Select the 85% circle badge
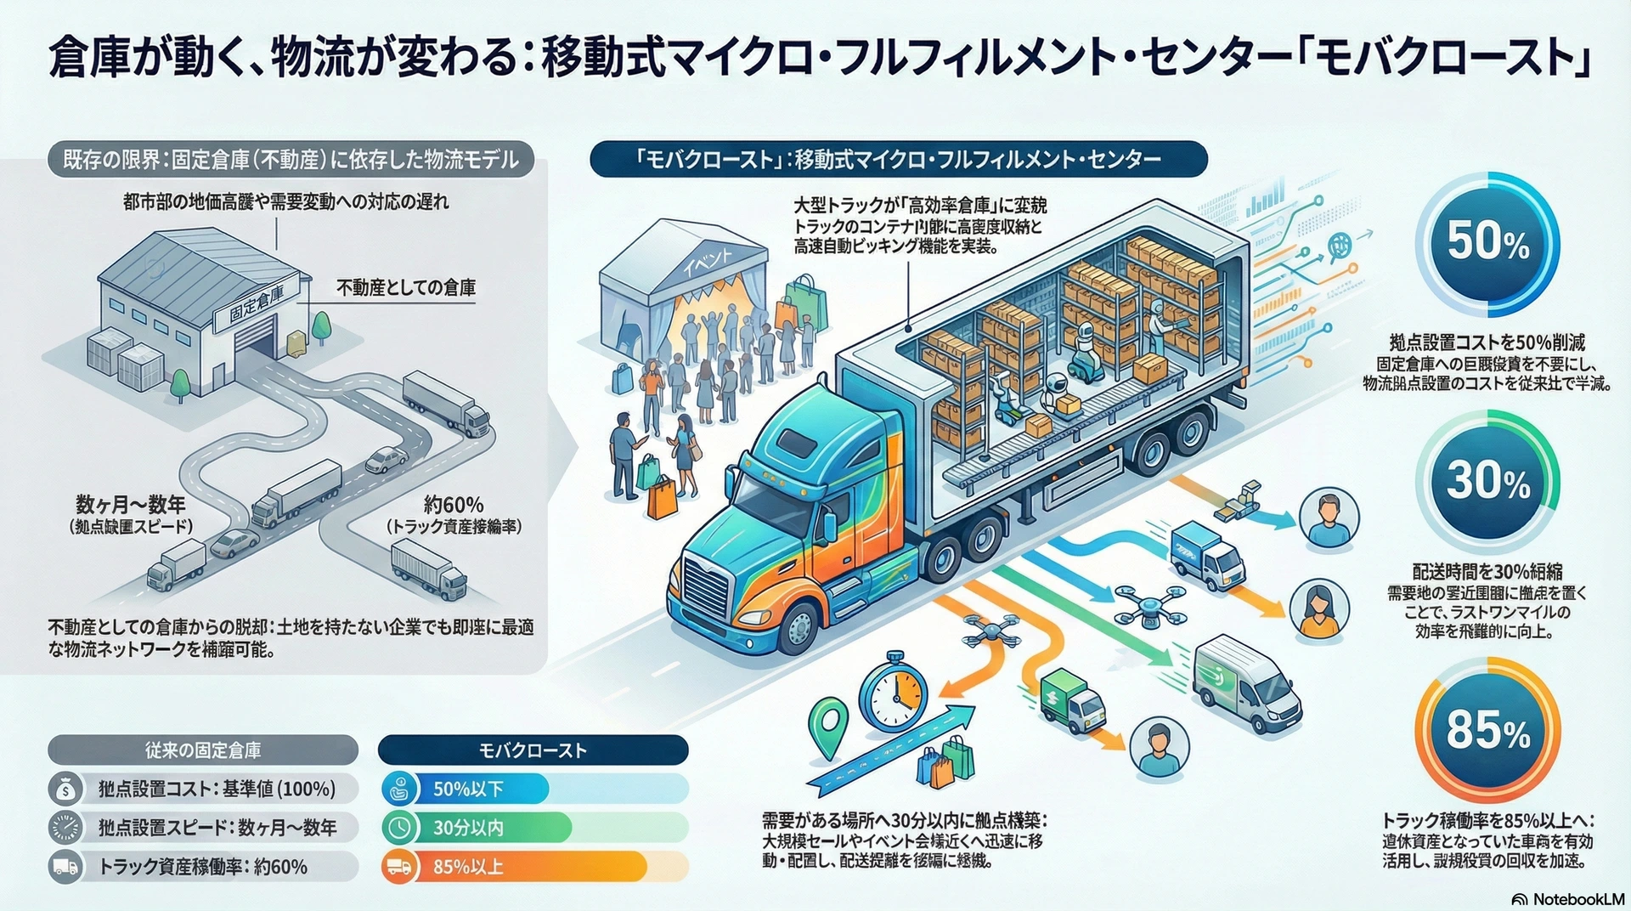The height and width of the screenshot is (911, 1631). [x=1487, y=729]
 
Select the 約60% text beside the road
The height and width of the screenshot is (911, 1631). [x=454, y=505]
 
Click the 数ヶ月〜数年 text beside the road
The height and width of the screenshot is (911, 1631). [x=131, y=505]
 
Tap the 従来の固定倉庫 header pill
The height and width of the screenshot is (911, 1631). [x=203, y=750]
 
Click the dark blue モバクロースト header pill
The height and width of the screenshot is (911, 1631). [x=533, y=750]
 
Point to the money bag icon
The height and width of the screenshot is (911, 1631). [x=65, y=789]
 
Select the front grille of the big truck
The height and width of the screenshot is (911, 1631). [x=705, y=586]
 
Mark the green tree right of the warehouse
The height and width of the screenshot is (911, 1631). [x=321, y=326]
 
